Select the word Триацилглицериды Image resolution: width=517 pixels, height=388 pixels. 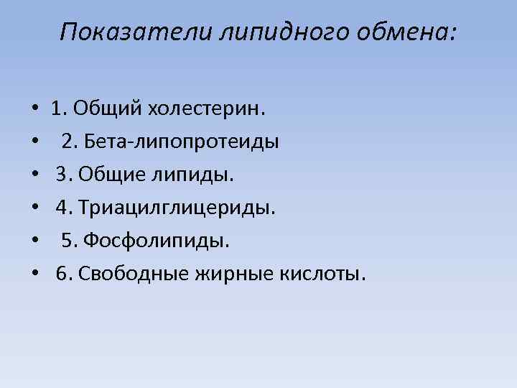click(x=177, y=208)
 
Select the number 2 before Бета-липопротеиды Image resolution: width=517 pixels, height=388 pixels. click(x=67, y=142)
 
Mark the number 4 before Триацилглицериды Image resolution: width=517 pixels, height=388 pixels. click(x=62, y=208)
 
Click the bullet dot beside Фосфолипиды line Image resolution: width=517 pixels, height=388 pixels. click(x=35, y=241)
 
